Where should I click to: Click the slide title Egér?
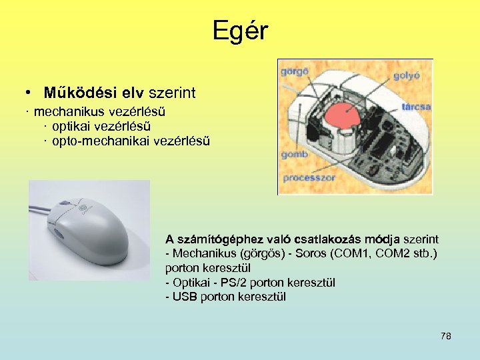pos(240,31)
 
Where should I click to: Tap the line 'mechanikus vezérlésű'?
pos(100,110)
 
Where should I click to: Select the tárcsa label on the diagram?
pos(417,107)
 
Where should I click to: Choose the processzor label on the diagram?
pos(307,178)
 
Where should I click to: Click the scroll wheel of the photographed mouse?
pos(65,203)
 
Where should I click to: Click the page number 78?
pos(446,336)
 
